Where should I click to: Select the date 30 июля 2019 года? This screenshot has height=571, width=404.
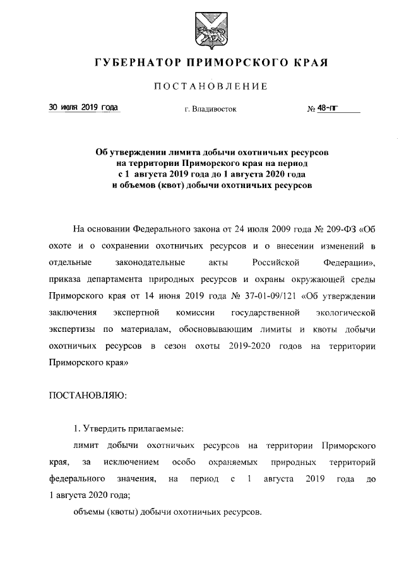coord(84,108)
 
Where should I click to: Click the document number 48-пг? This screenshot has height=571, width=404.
coord(327,109)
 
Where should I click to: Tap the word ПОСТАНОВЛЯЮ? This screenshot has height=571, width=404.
coord(88,396)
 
